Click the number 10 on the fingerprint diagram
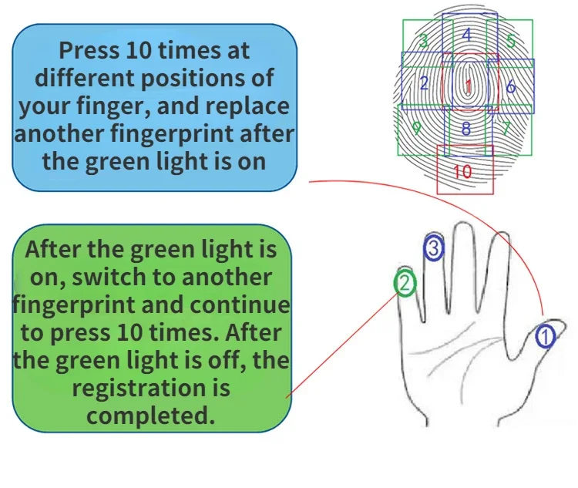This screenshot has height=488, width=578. click(x=462, y=172)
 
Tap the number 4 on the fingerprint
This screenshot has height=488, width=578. click(x=467, y=35)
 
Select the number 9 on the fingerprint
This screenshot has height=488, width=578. click(x=416, y=127)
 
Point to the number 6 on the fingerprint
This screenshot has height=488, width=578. click(x=510, y=86)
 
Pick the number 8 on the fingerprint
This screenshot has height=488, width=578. click(x=465, y=129)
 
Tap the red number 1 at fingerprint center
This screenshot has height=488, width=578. click(x=468, y=86)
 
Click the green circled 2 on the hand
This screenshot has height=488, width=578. click(x=405, y=284)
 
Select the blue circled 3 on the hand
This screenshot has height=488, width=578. click(x=434, y=248)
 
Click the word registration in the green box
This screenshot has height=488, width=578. click(x=151, y=389)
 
